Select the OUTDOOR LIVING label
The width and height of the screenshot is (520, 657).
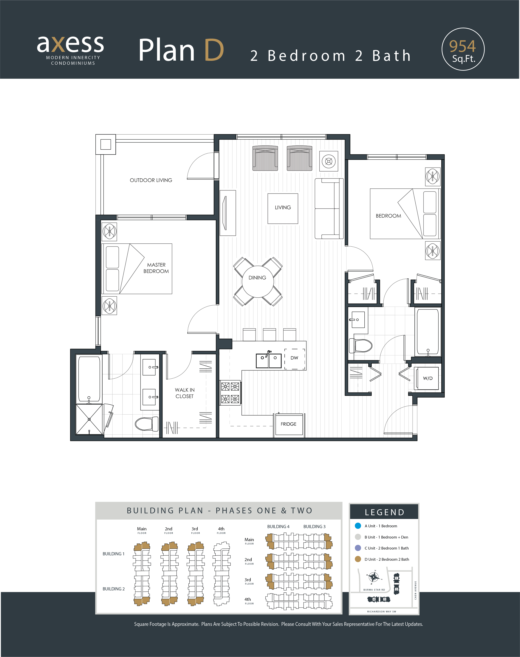151,180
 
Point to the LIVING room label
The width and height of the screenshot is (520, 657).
283,207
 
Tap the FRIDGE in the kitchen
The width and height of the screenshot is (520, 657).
289,424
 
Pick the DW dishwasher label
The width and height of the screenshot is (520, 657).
294,358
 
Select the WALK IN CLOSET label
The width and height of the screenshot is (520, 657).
185,393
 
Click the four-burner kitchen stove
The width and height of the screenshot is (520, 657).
230,393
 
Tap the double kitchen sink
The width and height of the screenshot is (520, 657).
269,360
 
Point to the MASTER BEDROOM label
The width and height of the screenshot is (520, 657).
156,268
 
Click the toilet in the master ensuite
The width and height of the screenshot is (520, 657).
147,423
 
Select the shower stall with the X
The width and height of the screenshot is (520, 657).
89,420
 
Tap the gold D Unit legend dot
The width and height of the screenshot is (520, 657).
358,559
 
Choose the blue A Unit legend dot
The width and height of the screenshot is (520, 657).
358,526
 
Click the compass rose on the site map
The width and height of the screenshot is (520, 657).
374,577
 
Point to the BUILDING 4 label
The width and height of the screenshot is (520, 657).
278,527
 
